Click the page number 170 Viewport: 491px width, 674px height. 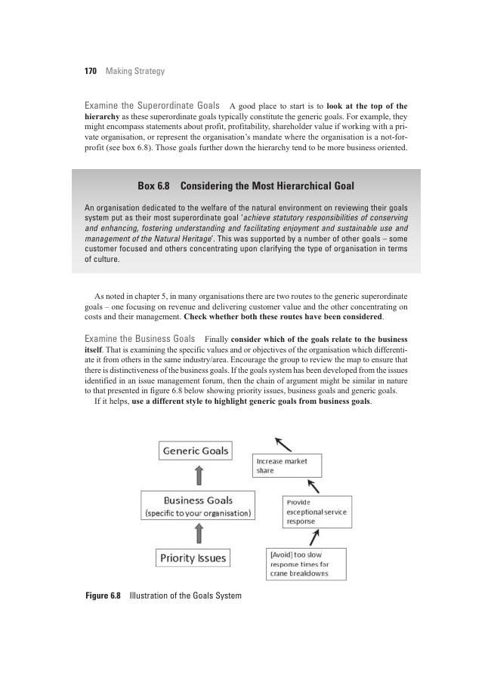pyautogui.click(x=90, y=72)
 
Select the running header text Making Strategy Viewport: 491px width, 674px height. pyautogui.click(x=135, y=72)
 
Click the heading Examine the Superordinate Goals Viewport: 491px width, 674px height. pyautogui.click(x=153, y=106)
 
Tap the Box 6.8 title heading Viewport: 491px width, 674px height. pyautogui.click(x=246, y=186)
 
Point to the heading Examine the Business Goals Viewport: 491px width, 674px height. pyautogui.click(x=140, y=338)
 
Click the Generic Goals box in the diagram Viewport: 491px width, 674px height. pyautogui.click(x=196, y=451)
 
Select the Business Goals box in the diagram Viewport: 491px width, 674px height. pyautogui.click(x=198, y=506)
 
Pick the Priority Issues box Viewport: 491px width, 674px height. pyautogui.click(x=193, y=559)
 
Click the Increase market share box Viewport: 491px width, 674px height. pyautogui.click(x=286, y=466)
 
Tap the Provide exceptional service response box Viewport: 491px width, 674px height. pyautogui.click(x=317, y=512)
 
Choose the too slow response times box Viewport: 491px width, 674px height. pyautogui.click(x=307, y=564)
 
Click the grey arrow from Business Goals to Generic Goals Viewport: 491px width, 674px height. pyautogui.click(x=199, y=475)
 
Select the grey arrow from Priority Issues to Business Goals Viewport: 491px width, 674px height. pyautogui.click(x=199, y=534)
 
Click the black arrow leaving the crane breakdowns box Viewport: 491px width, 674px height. pyautogui.click(x=314, y=538)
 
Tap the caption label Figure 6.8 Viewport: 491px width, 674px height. pyautogui.click(x=103, y=596)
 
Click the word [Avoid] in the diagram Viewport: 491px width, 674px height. pyautogui.click(x=284, y=554)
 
